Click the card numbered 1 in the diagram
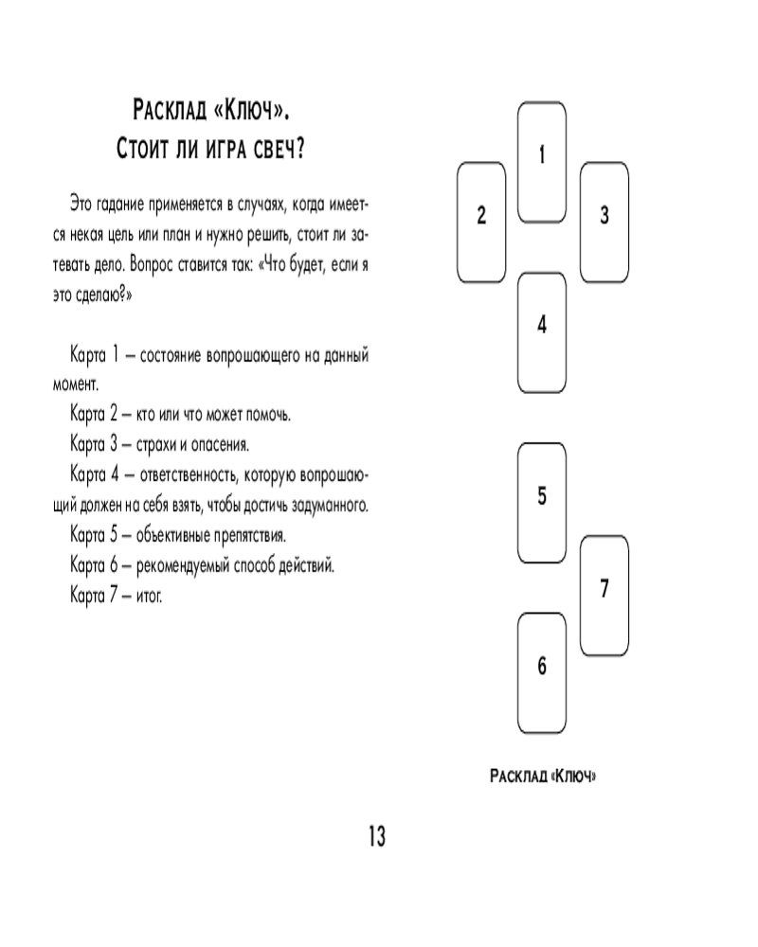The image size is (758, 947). pyautogui.click(x=541, y=156)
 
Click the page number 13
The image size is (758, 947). pyautogui.click(x=376, y=836)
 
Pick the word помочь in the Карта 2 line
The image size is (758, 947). pyautogui.click(x=268, y=414)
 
